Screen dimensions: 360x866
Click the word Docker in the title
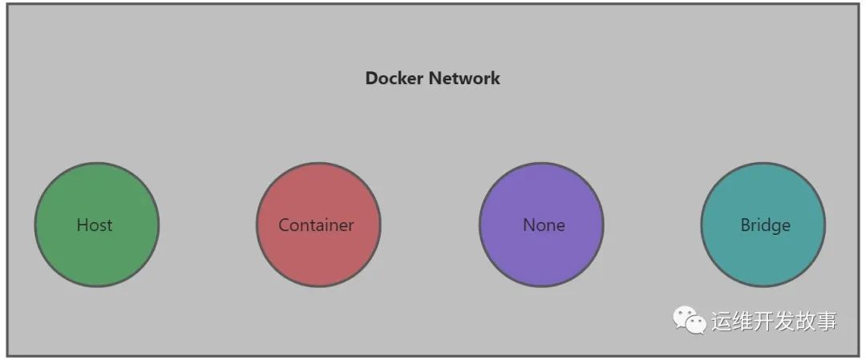395,79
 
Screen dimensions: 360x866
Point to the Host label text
95,225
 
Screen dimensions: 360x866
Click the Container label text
316,225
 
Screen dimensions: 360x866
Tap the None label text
544,225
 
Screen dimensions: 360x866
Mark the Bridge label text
765,225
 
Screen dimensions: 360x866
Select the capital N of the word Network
435,79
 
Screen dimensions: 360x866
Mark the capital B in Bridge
746,225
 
